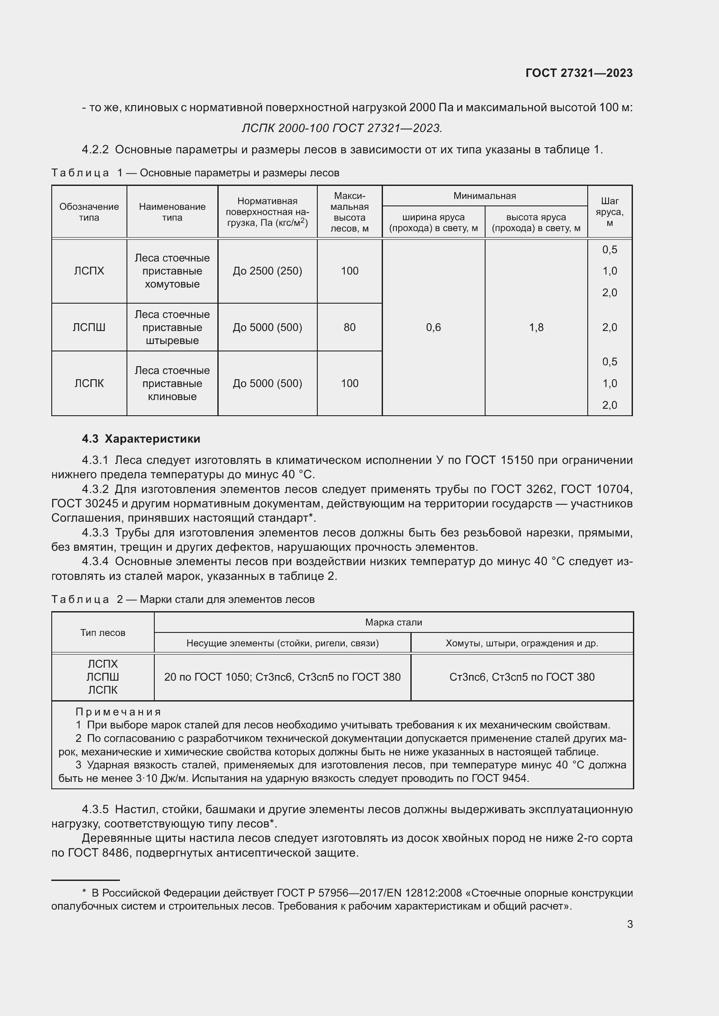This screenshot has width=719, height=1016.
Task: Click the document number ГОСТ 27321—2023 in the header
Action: pyautogui.click(x=579, y=73)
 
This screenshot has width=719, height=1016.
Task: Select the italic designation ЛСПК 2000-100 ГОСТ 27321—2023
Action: pyautogui.click(x=342, y=128)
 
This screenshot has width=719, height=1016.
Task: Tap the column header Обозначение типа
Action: pyautogui.click(x=89, y=212)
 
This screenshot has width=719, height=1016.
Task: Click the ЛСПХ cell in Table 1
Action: pyautogui.click(x=89, y=271)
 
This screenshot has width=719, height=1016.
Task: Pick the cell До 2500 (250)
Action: pyautogui.click(x=267, y=271)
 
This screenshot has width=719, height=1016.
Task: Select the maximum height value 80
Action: pyautogui.click(x=350, y=328)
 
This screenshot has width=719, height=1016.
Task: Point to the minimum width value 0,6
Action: pyautogui.click(x=433, y=328)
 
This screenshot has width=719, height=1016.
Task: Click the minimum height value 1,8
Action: pyautogui.click(x=536, y=328)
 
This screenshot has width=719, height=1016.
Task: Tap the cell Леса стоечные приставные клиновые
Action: pyautogui.click(x=172, y=383)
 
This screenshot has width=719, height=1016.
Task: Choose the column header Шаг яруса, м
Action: pyautogui.click(x=609, y=212)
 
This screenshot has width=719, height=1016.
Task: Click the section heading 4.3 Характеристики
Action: pyautogui.click(x=141, y=439)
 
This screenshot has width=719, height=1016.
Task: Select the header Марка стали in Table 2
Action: pyautogui.click(x=393, y=622)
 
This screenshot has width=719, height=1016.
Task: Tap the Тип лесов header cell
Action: pyautogui.click(x=103, y=633)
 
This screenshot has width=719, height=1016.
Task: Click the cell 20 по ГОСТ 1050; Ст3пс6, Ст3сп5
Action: pyautogui.click(x=282, y=677)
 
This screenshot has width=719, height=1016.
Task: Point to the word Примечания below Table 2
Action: pyautogui.click(x=118, y=712)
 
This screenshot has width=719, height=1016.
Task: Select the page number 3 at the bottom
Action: pyautogui.click(x=629, y=924)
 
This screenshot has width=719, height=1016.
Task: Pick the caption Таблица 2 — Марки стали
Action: pyautogui.click(x=183, y=599)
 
